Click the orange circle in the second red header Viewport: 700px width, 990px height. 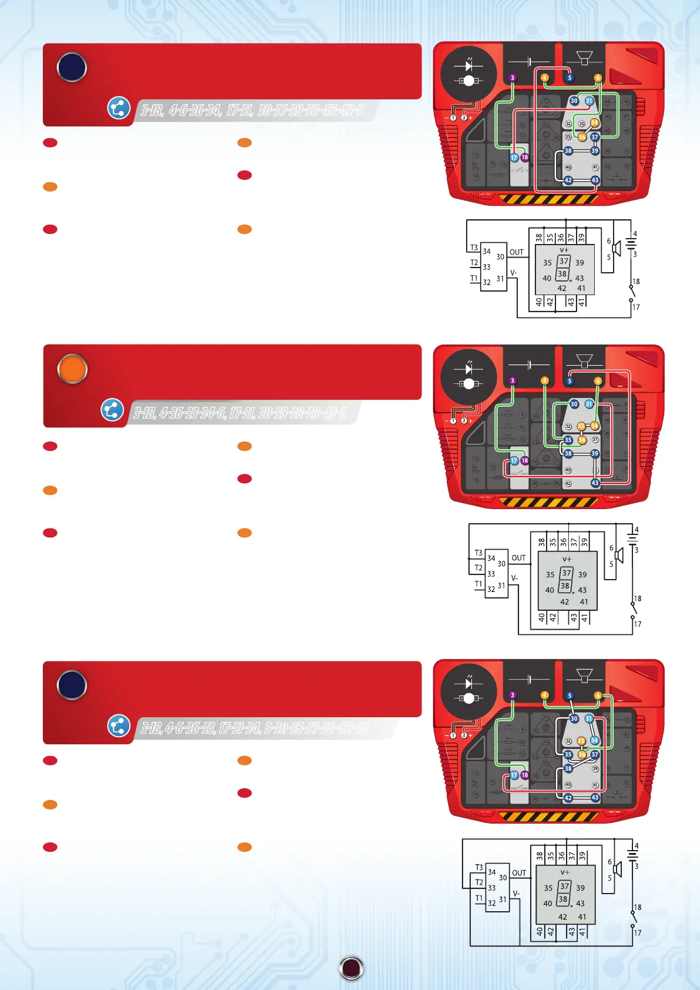pos(72,369)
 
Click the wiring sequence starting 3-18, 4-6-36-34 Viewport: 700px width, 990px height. pos(252,110)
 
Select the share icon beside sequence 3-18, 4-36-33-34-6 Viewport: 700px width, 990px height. pos(112,410)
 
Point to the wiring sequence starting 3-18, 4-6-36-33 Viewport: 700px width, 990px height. pos(254,728)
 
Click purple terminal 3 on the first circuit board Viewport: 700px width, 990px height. pos(513,78)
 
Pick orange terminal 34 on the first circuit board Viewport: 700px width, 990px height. pos(594,123)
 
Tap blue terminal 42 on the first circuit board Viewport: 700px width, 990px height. pos(568,180)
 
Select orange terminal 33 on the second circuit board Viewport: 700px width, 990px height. pos(581,426)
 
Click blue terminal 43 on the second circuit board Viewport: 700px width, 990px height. pos(595,483)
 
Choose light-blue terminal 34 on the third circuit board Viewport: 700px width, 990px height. pos(594,741)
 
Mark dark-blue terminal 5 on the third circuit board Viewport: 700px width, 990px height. pos(570,695)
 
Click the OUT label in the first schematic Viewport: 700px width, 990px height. pos(517,252)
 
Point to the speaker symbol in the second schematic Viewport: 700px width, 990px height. pos(619,556)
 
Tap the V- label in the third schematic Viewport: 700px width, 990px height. pos(517,894)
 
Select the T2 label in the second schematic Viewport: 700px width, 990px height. pos(478,568)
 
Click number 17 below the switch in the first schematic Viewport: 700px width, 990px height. pos(636,307)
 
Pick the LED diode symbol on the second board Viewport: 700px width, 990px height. pos(469,369)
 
